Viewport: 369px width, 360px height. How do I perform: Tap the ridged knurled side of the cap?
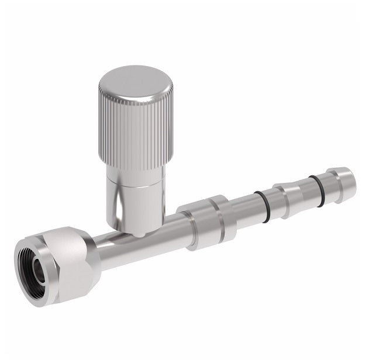131,126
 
